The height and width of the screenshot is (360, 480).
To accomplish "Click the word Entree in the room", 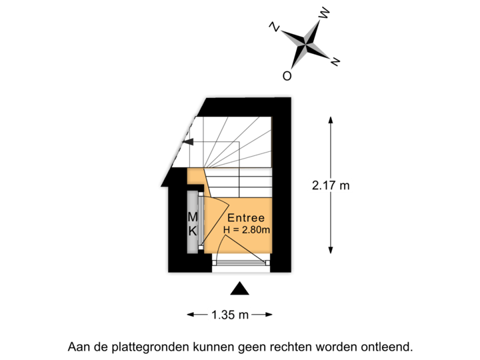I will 246,218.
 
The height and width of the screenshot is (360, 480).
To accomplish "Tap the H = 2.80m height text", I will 246,231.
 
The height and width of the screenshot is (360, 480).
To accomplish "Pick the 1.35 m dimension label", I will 230,314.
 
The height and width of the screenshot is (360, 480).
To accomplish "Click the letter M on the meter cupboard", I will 192,217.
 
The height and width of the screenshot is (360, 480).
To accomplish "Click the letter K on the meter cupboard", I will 192,231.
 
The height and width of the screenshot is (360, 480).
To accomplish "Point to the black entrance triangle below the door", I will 240,289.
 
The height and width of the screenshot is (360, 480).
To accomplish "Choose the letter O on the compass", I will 287,76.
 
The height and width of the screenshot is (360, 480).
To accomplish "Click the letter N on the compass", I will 274,27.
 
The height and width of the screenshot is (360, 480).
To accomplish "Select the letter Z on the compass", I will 335,61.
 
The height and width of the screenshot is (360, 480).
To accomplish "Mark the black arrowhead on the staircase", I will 189,142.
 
